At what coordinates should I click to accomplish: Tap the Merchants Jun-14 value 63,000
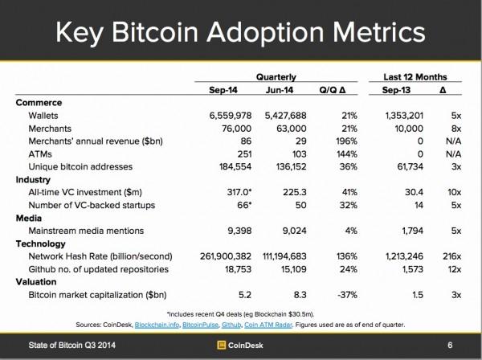point(286,129)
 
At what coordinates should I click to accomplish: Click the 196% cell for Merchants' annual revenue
point(337,141)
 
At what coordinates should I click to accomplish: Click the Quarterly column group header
point(276,76)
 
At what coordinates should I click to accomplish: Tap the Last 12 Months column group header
point(415,76)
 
